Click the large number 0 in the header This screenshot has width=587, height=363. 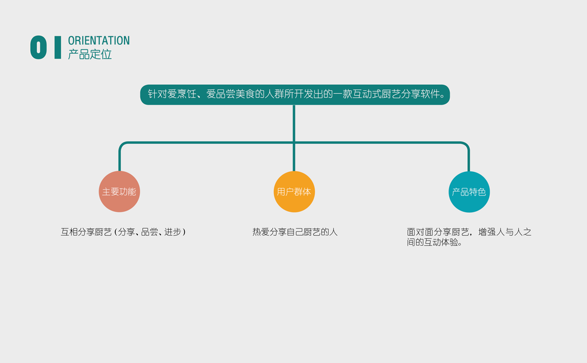pos(38,48)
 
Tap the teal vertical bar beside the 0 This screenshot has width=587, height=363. pos(57,48)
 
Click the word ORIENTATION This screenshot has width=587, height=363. pos(99,41)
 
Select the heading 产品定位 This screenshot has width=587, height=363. pos(90,54)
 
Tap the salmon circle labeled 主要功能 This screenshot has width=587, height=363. pos(119,192)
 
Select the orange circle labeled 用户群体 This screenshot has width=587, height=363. pos(294,192)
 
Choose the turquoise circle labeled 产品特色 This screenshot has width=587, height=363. pos(469,192)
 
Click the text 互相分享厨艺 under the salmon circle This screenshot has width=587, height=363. pos(86,232)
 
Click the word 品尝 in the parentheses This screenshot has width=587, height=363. pos(149,232)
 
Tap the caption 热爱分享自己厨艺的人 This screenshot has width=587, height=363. pos(294,232)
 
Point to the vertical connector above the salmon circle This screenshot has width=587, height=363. pos(120,159)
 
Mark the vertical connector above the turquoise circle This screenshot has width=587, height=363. pos(469,159)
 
